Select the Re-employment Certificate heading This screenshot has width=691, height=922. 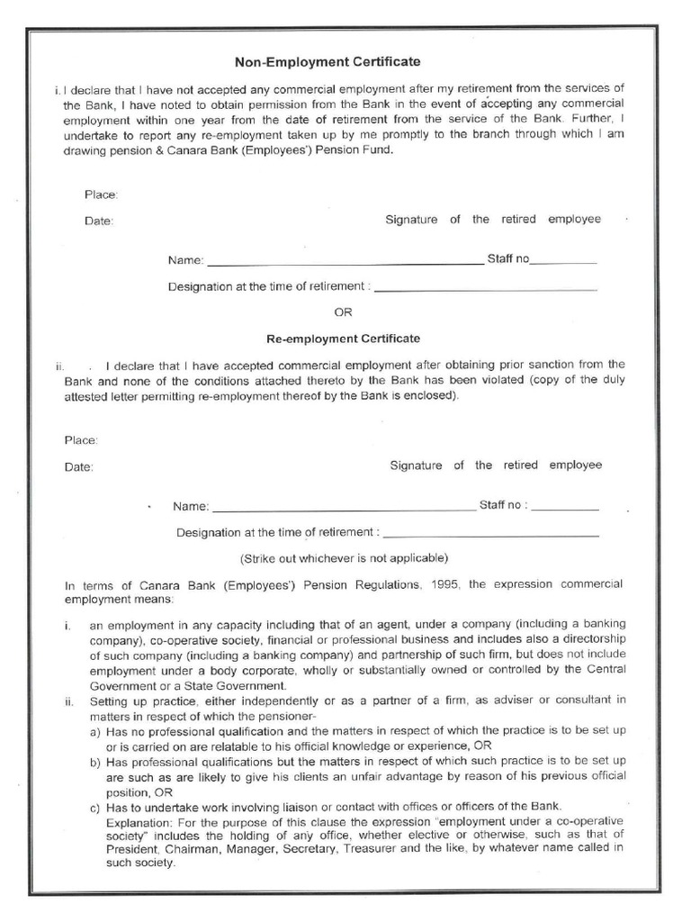[344, 339]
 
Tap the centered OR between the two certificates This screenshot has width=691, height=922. [343, 312]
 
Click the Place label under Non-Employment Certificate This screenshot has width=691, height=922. [101, 194]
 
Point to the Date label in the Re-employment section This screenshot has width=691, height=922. [78, 467]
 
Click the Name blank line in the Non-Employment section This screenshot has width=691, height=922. [345, 262]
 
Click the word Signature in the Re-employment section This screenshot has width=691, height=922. [416, 466]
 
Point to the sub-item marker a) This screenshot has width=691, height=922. [94, 732]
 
